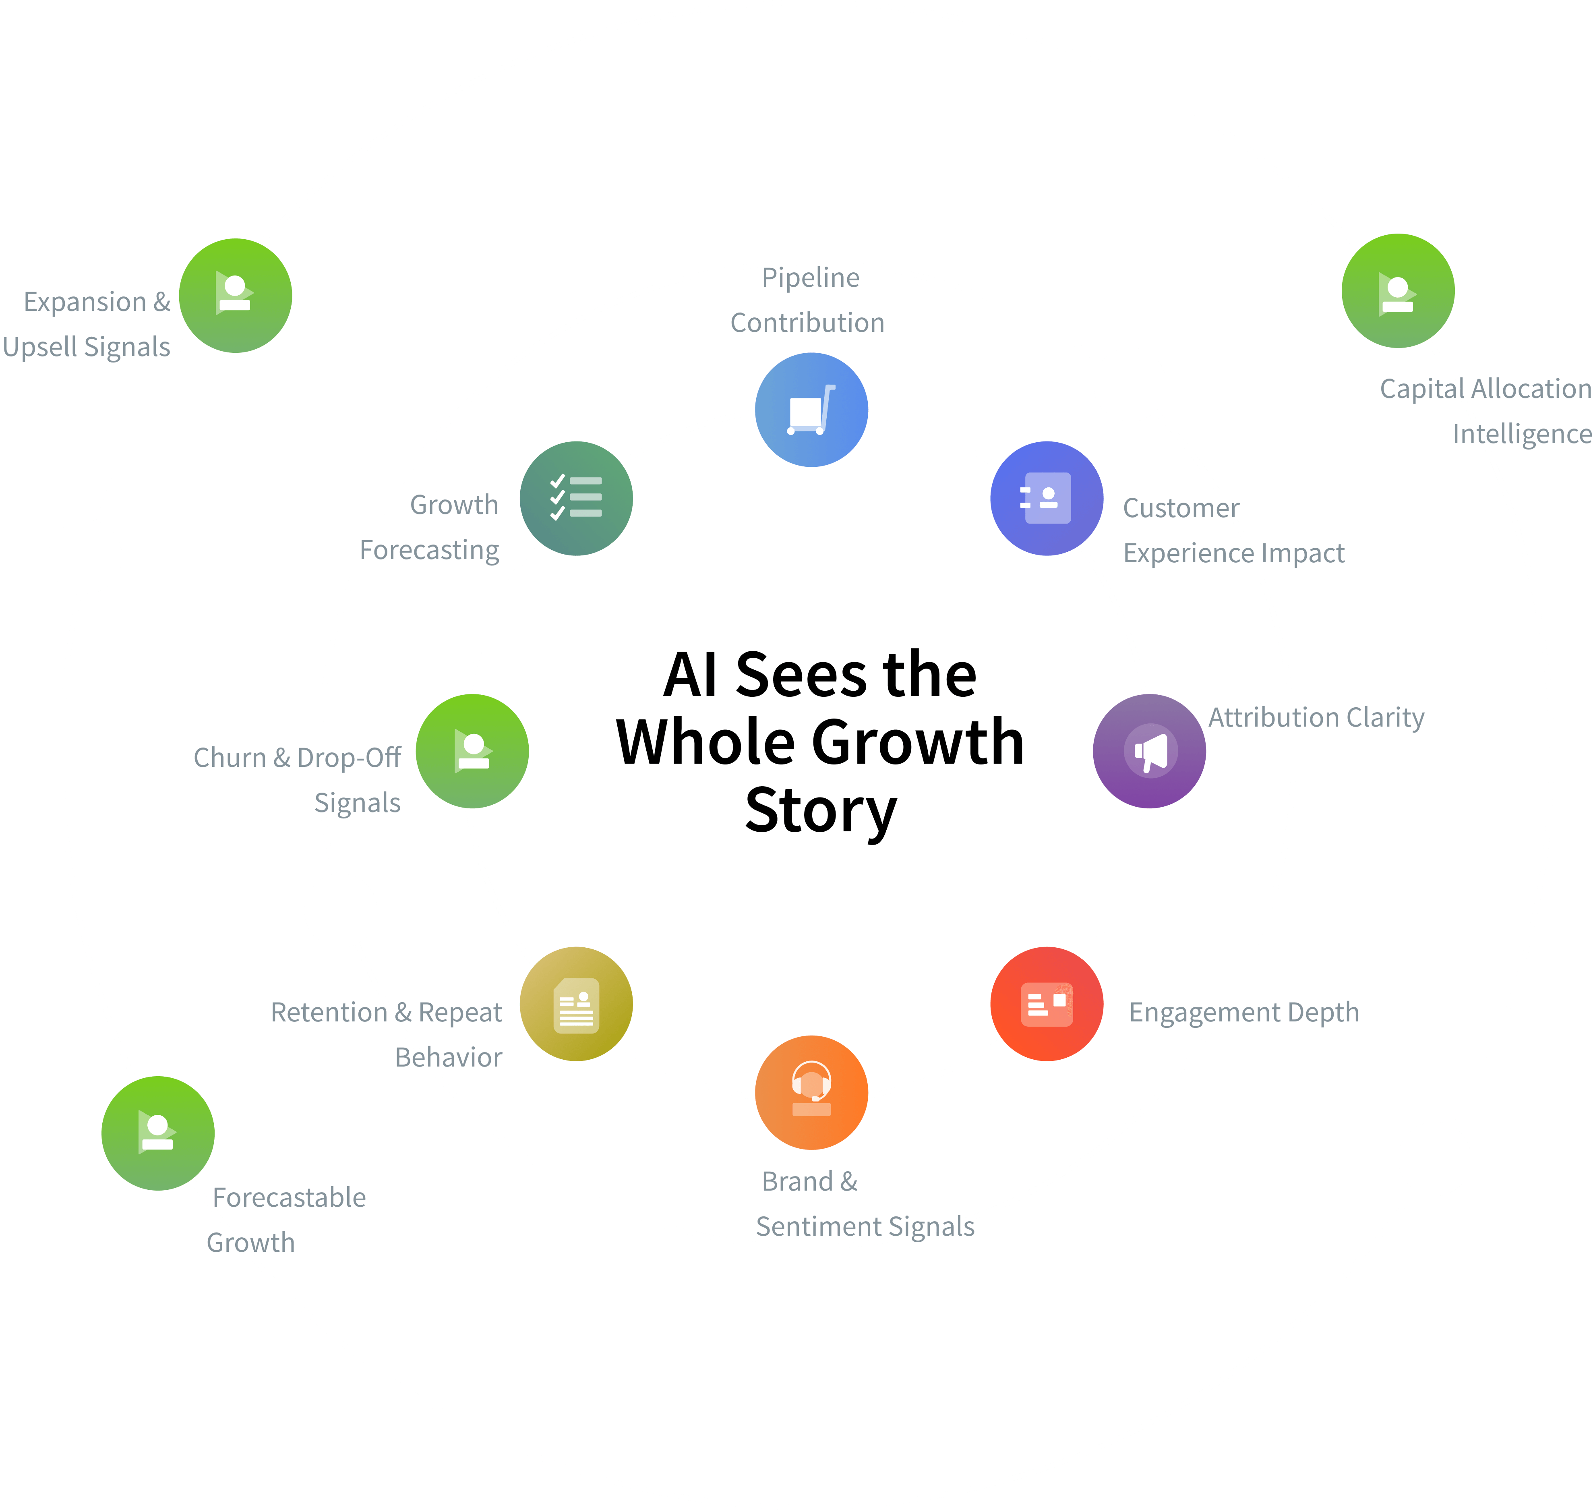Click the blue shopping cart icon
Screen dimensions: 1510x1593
point(811,410)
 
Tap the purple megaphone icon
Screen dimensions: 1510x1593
point(1149,751)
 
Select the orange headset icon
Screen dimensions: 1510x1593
point(811,1092)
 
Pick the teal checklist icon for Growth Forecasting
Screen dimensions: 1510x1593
point(576,498)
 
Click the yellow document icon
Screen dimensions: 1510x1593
point(576,1004)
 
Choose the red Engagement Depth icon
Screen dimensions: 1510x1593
point(1046,1004)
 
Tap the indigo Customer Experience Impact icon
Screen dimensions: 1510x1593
point(1046,498)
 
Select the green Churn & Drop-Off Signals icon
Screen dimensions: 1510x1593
point(472,751)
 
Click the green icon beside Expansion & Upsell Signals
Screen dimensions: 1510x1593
point(235,295)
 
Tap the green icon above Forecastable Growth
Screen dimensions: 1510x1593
point(158,1133)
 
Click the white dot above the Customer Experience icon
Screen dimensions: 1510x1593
point(1130,385)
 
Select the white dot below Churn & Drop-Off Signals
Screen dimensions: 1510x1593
point(340,910)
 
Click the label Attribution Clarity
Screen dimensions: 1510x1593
point(1316,717)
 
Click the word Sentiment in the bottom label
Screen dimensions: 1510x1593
point(819,1227)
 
